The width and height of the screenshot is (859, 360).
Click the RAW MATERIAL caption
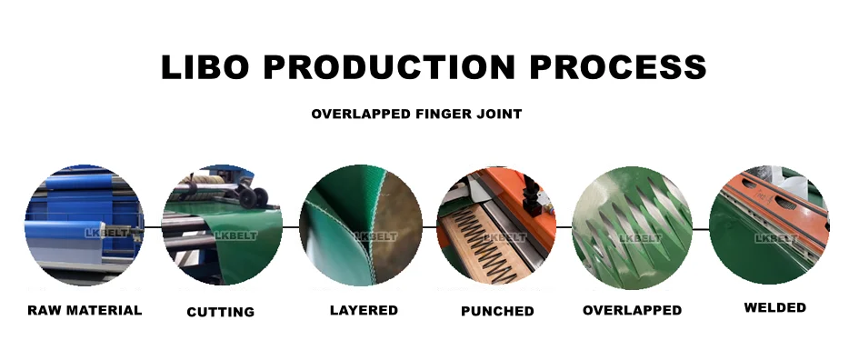coord(85,310)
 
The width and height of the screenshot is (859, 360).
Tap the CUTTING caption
coord(221,312)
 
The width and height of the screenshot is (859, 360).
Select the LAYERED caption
coord(364,310)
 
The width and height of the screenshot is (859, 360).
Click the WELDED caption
coord(774,307)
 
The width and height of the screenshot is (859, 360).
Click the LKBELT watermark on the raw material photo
coord(85,235)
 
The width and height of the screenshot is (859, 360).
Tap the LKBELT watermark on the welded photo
coord(775,238)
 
